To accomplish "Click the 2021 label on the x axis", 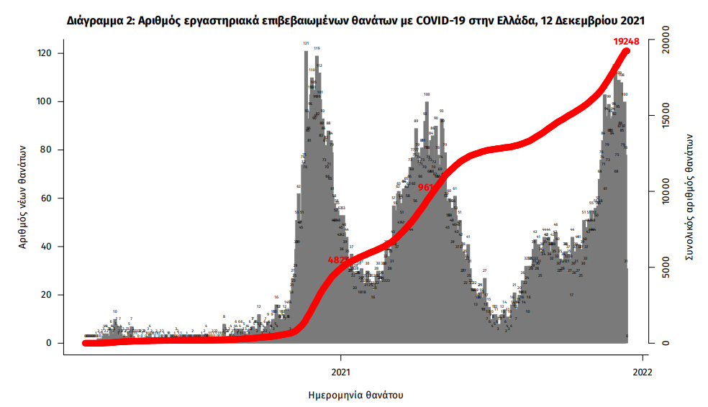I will click(340, 372).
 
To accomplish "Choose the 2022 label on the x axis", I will click(642, 372).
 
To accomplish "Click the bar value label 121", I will click(306, 43).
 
